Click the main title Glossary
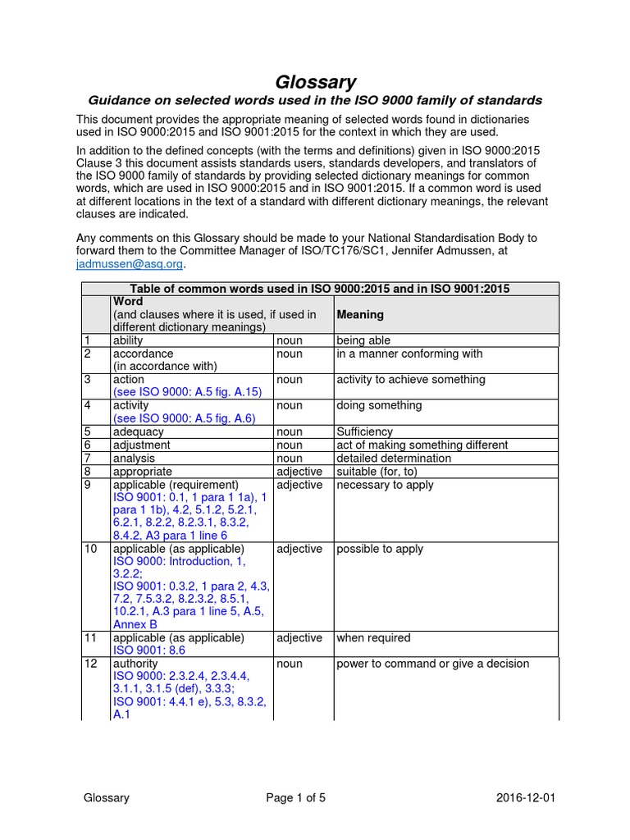click(x=315, y=81)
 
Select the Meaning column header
click(x=360, y=314)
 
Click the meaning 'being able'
click(x=363, y=340)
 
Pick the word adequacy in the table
click(x=138, y=431)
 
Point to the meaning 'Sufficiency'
click(x=364, y=431)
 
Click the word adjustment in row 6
click(x=141, y=445)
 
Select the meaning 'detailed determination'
click(x=394, y=458)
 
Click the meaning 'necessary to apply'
click(x=385, y=485)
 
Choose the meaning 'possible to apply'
click(x=380, y=549)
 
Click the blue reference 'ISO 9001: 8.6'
click(x=148, y=651)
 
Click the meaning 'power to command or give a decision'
click(x=432, y=664)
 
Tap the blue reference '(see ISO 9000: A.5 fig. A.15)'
click(x=187, y=392)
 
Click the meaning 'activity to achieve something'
click(x=411, y=380)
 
